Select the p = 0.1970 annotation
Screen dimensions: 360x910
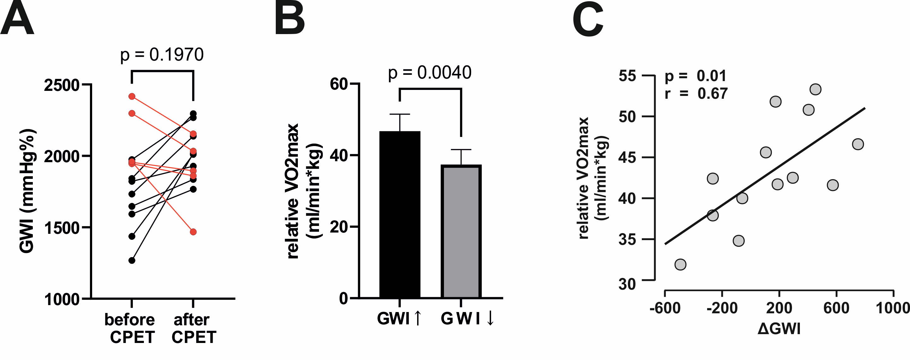(162, 55)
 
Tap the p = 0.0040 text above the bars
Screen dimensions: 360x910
(429, 73)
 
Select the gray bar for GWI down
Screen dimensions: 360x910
(461, 231)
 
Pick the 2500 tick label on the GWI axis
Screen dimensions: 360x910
(62, 85)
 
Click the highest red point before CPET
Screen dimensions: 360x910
(132, 97)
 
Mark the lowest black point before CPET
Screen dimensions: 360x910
(132, 260)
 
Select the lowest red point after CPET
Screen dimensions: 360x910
(193, 232)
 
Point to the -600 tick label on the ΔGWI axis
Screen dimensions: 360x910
(665, 308)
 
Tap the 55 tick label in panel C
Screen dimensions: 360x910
(627, 76)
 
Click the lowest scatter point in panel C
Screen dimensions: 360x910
(680, 264)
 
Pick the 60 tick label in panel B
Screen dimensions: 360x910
(339, 84)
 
